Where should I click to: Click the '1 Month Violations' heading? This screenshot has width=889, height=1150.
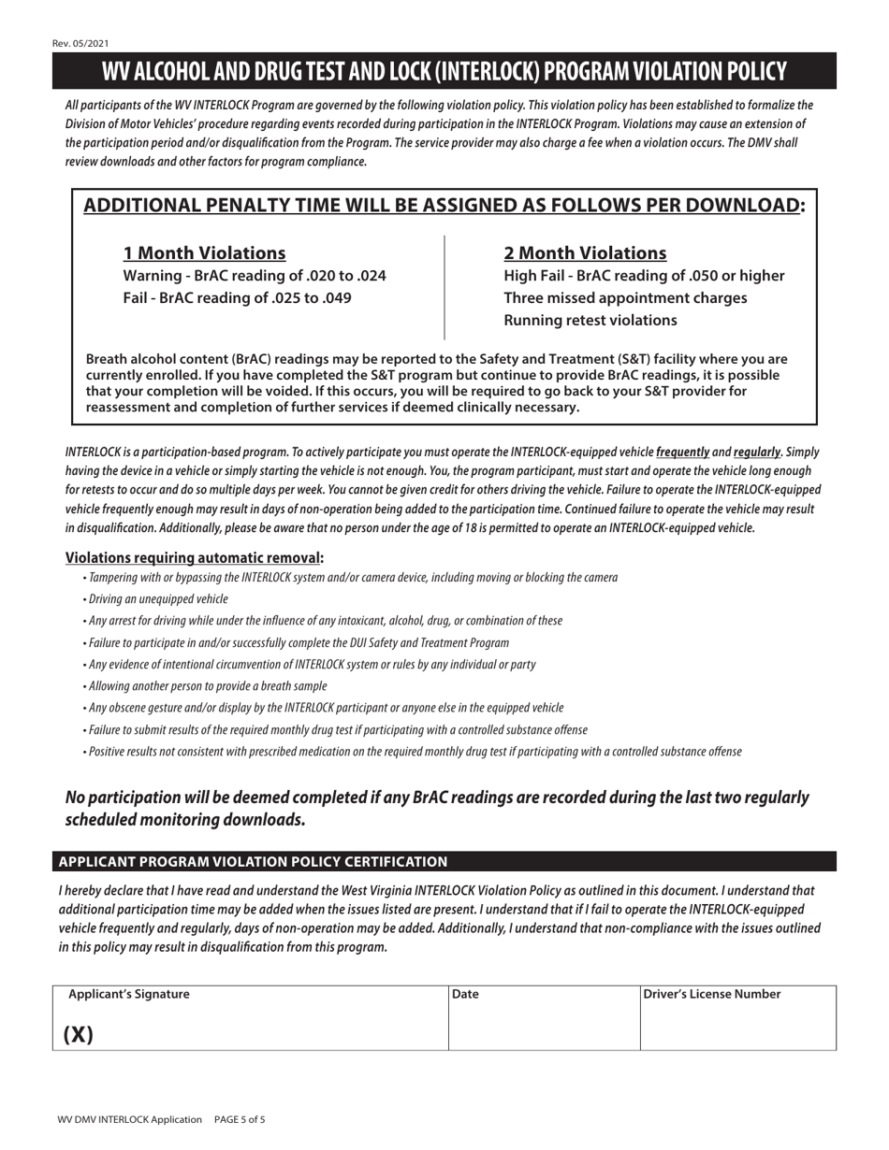click(205, 252)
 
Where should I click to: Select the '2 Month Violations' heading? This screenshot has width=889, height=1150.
click(585, 252)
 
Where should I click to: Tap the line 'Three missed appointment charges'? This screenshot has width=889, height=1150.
click(625, 298)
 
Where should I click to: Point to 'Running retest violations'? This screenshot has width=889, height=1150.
click(590, 321)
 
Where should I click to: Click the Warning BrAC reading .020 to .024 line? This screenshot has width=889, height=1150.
click(255, 276)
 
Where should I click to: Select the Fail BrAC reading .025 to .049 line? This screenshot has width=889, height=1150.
click(238, 298)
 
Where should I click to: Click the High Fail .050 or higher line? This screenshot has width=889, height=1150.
click(644, 276)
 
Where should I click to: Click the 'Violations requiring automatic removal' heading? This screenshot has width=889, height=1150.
click(194, 558)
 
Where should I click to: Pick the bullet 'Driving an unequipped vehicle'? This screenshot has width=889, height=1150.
click(155, 599)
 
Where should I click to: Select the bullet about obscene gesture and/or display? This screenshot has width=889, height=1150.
click(324, 708)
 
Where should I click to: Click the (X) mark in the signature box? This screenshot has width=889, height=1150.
click(79, 1034)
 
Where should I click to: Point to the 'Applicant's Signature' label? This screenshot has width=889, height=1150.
click(129, 995)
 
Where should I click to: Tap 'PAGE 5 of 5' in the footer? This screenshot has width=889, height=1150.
click(240, 1119)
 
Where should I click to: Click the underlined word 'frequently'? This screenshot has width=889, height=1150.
click(682, 452)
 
